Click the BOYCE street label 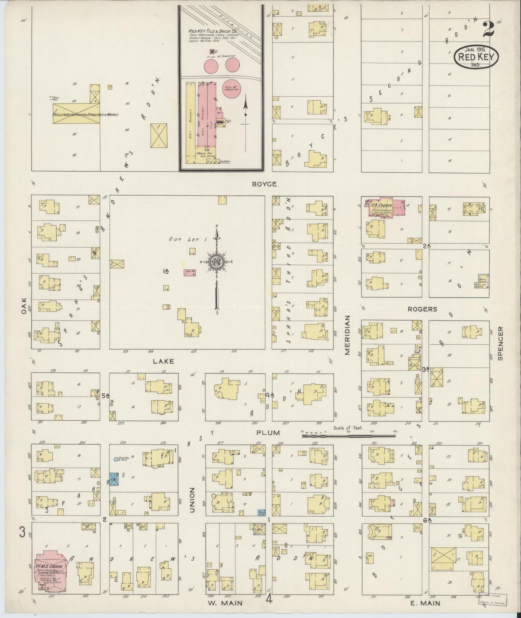(265, 184)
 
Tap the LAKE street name (163, 361)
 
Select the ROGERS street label (423, 309)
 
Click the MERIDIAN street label (347, 335)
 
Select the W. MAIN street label (225, 603)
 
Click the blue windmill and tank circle (115, 459)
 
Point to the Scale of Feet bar (348, 436)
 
